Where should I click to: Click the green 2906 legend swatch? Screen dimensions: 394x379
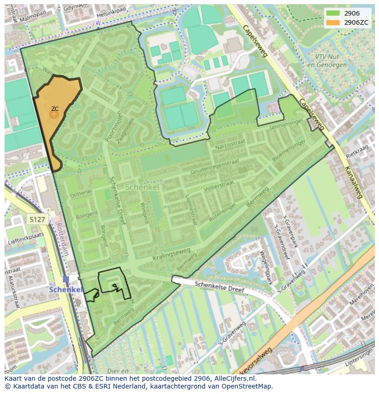pos(333,13)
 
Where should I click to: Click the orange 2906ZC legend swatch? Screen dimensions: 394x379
pos(333,22)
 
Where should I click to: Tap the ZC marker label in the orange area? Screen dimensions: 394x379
pos(54,109)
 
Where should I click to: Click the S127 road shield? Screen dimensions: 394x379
pos(37,220)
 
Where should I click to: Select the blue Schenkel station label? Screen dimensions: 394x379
pos(65,290)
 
